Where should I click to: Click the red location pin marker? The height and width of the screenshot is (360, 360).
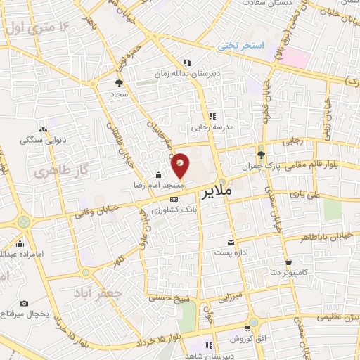click(x=181, y=166)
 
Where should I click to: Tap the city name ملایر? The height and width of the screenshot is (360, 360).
click(x=219, y=191)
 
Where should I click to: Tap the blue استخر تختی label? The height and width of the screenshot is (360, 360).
click(x=239, y=46)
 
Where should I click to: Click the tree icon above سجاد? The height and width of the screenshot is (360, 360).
click(x=117, y=82)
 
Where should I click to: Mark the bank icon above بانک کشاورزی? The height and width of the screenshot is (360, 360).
click(x=174, y=199)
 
